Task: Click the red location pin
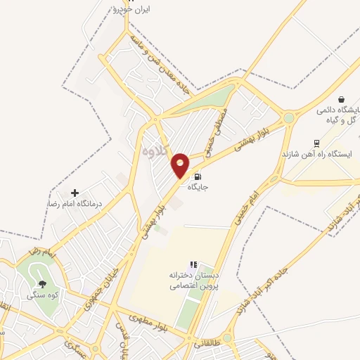click(x=181, y=165)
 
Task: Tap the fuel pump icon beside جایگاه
click(x=197, y=177)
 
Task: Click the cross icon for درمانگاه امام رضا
click(x=75, y=192)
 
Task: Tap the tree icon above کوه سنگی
click(x=43, y=284)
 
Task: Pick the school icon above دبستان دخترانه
click(x=193, y=264)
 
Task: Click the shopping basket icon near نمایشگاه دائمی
click(x=341, y=99)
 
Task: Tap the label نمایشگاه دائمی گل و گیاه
click(x=337, y=115)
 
